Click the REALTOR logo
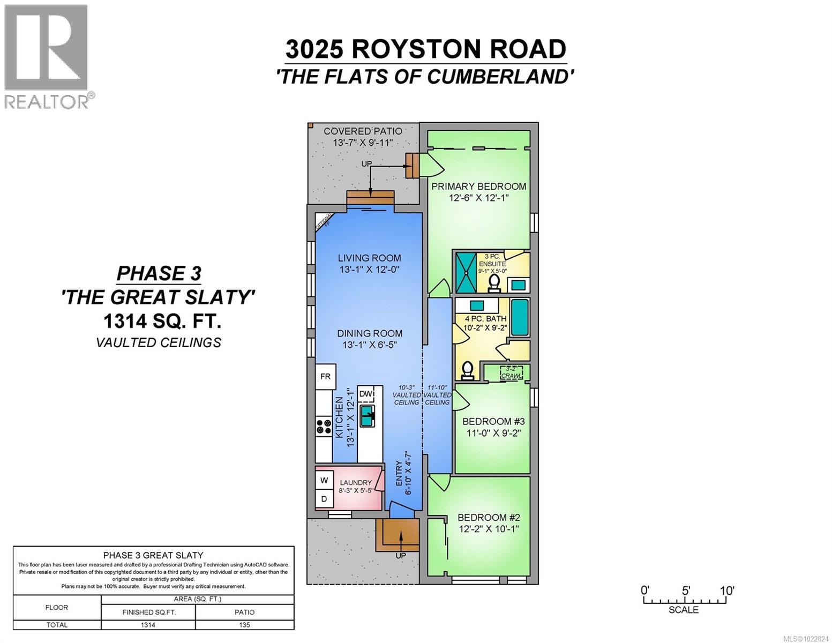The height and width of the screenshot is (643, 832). coord(47,56)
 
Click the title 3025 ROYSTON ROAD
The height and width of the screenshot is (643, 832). coord(425,49)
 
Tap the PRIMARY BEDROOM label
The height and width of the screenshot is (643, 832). coord(478,186)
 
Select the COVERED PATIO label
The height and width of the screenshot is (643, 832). coord(363,131)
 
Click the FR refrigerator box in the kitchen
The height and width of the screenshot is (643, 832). coord(325,376)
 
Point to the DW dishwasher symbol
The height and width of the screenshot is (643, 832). coord(366,394)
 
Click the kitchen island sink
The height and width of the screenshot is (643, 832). coord(367,416)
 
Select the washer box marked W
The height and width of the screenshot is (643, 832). coord(324,481)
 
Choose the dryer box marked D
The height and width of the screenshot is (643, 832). coord(324,499)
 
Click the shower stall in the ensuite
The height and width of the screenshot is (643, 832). coord(466,272)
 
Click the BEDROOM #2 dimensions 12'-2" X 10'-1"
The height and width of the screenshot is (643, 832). coord(489,529)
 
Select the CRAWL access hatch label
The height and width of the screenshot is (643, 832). coord(511,372)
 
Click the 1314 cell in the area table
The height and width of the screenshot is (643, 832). coord(148,625)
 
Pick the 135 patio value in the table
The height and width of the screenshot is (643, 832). coord(244,625)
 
